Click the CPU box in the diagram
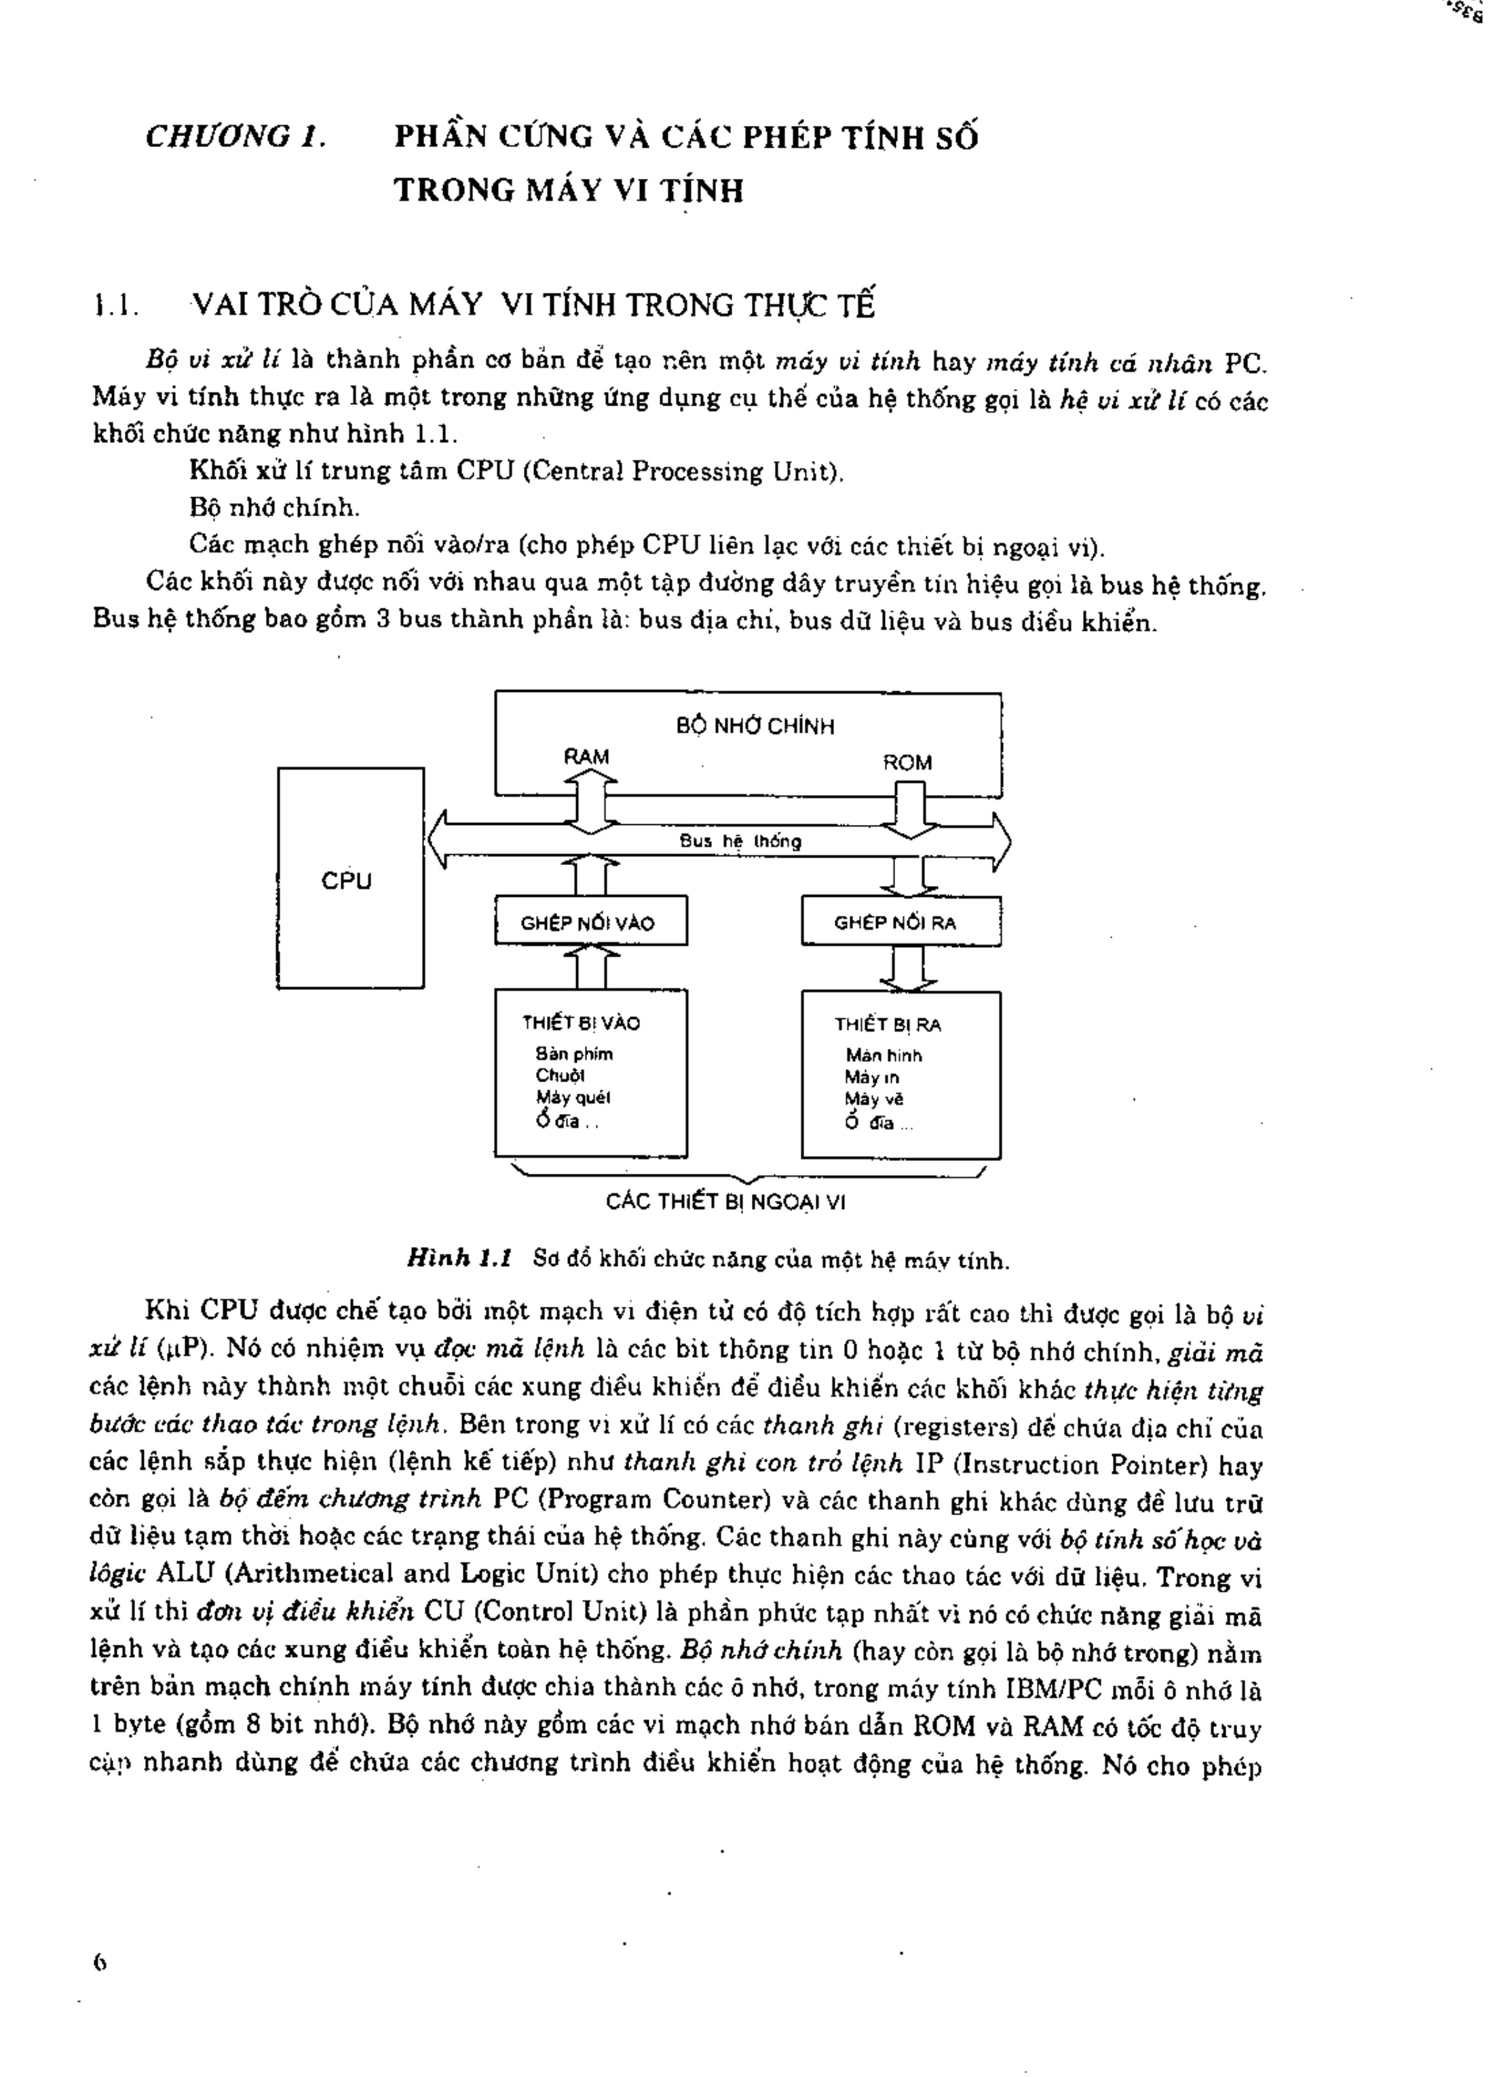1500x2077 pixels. tap(350, 879)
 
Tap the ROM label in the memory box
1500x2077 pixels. tap(907, 763)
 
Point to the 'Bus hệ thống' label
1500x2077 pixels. tap(740, 841)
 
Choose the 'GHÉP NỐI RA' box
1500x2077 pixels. tap(900, 922)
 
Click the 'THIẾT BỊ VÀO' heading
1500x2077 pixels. tap(581, 1023)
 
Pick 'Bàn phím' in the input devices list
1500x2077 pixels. tap(574, 1054)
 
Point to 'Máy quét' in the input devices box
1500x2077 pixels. tap(573, 1097)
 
